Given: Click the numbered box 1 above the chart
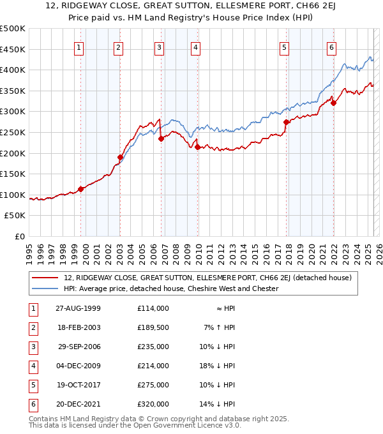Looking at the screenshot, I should click(x=79, y=47).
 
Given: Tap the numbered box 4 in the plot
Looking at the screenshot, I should click(x=195, y=47).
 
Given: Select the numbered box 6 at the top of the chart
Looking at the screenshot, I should click(x=332, y=47).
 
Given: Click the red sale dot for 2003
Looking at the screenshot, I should click(x=120, y=157).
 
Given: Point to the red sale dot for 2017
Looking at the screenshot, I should click(x=286, y=122).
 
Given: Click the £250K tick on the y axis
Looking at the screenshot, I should click(x=14, y=132).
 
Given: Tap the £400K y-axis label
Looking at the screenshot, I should click(x=14, y=70).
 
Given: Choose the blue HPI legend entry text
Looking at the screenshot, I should click(x=171, y=288).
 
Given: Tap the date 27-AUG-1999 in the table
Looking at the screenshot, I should click(x=78, y=308).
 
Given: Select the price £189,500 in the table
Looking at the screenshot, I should click(x=153, y=327).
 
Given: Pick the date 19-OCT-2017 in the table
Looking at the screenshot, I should click(x=78, y=385).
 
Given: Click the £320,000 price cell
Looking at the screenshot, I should click(x=153, y=404).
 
